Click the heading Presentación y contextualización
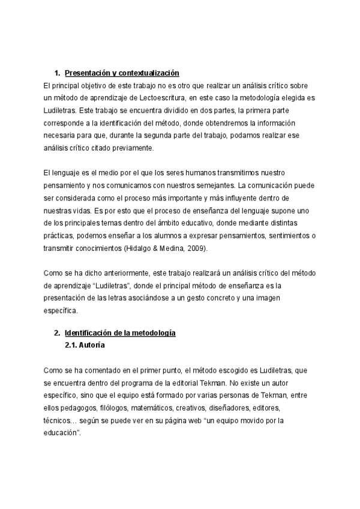(x=122, y=73)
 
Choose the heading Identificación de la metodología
(x=120, y=334)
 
